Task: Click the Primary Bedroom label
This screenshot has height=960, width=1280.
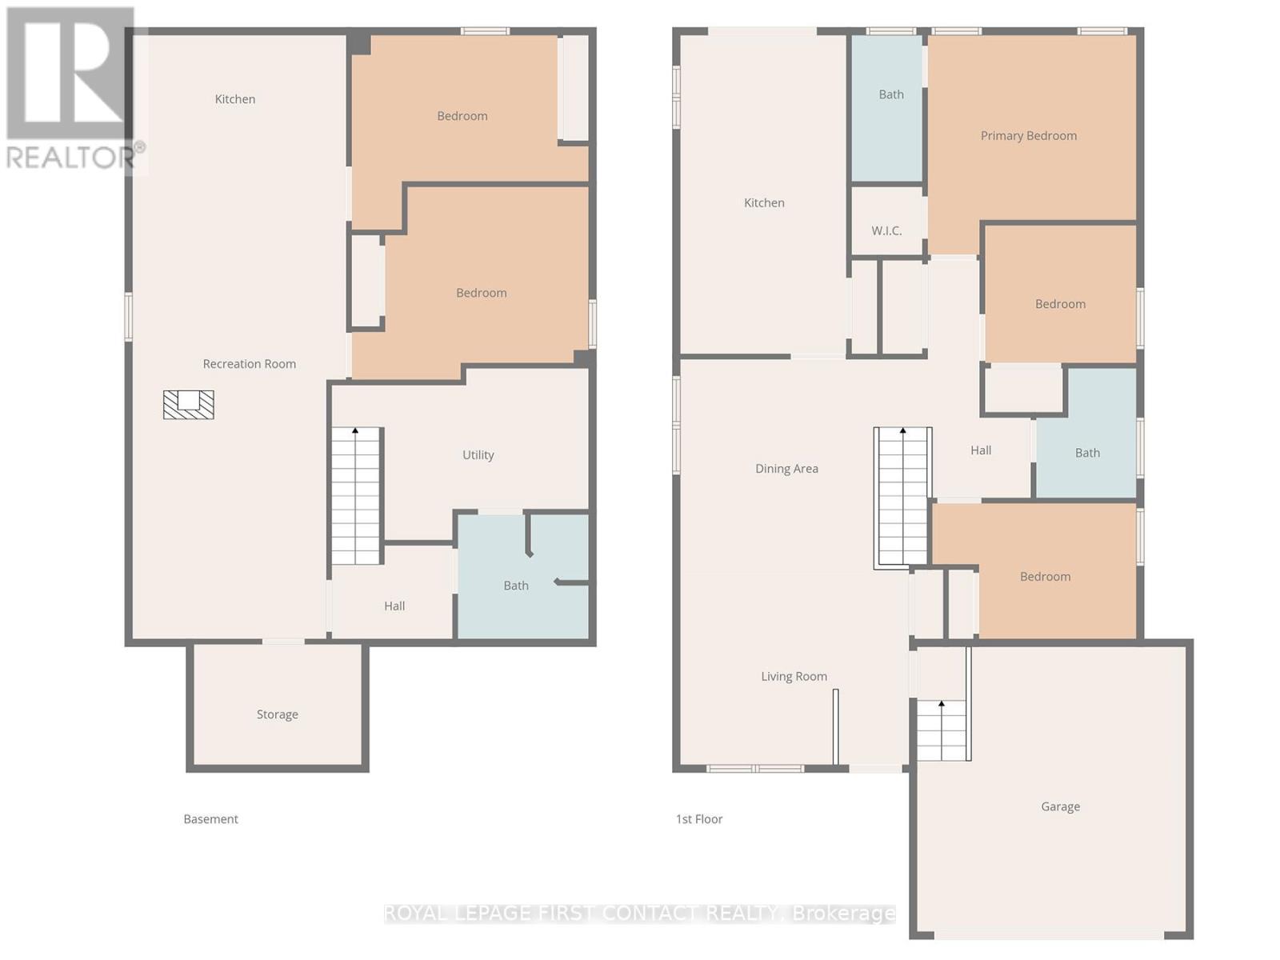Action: [x=1028, y=136]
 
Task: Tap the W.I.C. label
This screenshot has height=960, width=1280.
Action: [x=886, y=231]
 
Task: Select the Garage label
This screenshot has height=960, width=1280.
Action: [x=1060, y=806]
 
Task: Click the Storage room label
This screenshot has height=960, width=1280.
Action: [x=277, y=714]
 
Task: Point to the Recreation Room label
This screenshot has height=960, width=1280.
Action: [x=249, y=364]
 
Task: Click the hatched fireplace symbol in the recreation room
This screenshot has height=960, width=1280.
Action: [x=188, y=405]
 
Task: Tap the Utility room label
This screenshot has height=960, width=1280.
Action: [x=478, y=454]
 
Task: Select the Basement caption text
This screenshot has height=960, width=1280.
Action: [x=210, y=819]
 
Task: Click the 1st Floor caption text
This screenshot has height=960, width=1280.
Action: [x=699, y=819]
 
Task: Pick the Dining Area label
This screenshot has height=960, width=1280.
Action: [x=786, y=469]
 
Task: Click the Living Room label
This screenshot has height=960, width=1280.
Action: [x=794, y=676]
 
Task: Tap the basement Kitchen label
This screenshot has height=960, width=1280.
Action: [x=235, y=99]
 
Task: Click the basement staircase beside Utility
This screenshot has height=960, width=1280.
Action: [x=356, y=496]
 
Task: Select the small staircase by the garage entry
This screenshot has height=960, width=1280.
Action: [x=941, y=730]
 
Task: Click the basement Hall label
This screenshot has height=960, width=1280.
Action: [x=394, y=606]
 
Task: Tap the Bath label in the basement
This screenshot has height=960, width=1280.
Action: [x=516, y=586]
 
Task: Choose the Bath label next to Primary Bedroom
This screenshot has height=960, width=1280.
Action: [x=891, y=94]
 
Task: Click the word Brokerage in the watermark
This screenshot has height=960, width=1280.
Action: [x=843, y=914]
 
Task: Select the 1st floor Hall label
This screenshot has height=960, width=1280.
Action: [x=981, y=450]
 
